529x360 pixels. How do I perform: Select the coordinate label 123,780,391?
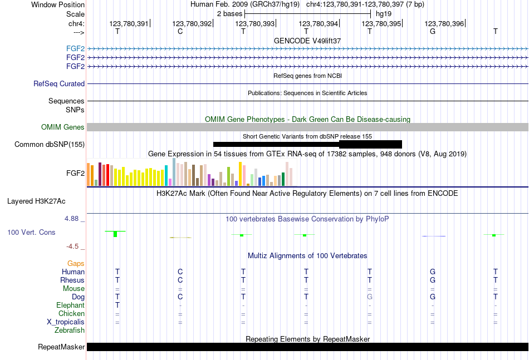click(129, 24)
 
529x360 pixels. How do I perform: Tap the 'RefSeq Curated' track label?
click(59, 84)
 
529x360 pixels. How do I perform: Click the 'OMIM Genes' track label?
click(63, 127)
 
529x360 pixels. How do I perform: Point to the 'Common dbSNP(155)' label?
click(50, 145)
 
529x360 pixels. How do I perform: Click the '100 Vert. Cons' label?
click(31, 232)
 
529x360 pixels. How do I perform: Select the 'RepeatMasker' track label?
click(61, 347)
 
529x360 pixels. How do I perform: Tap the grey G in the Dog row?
click(369, 297)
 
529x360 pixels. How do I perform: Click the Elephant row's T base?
click(117, 305)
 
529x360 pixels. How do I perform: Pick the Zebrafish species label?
click(70, 331)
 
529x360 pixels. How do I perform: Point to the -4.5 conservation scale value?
click(72, 246)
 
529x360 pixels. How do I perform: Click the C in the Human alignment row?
click(180, 272)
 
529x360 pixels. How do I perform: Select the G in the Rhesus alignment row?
click(432, 280)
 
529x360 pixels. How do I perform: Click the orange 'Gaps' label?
click(76, 263)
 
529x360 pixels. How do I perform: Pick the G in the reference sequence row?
click(432, 32)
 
